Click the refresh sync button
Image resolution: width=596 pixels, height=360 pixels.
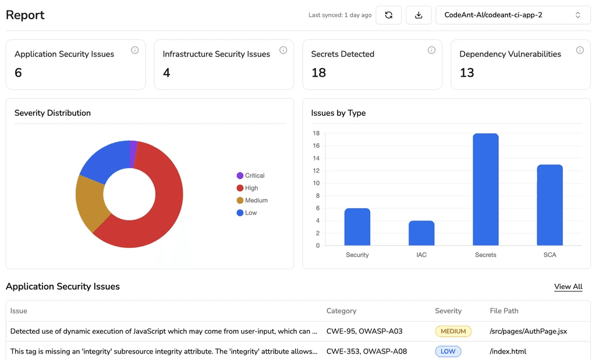[x=388, y=15]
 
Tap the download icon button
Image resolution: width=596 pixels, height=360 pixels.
[x=418, y=15]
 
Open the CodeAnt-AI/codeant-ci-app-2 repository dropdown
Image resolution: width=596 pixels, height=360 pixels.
[x=513, y=15]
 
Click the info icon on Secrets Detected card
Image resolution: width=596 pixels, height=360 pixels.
[x=431, y=50]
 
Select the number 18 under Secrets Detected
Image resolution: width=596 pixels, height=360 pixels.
[x=318, y=73]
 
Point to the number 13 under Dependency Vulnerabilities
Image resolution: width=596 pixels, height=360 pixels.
[x=467, y=73]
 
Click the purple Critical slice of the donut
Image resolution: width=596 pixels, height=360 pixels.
[x=133, y=154]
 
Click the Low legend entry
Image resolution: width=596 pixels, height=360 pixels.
[x=247, y=213]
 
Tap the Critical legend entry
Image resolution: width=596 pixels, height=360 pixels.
[x=250, y=176]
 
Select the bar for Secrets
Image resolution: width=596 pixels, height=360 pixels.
[x=485, y=190]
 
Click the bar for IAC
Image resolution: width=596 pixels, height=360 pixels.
[x=421, y=233]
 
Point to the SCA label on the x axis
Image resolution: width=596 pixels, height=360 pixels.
[x=549, y=255]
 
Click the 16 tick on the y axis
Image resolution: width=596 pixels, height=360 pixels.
[x=316, y=145]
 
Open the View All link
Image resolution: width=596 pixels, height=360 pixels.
[x=568, y=287]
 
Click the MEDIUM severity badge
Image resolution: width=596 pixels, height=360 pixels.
[x=453, y=331]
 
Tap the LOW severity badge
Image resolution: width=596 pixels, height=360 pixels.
[x=448, y=351]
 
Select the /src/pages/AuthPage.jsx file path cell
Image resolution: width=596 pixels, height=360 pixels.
[x=528, y=331]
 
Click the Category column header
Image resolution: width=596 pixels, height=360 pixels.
[x=341, y=311]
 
